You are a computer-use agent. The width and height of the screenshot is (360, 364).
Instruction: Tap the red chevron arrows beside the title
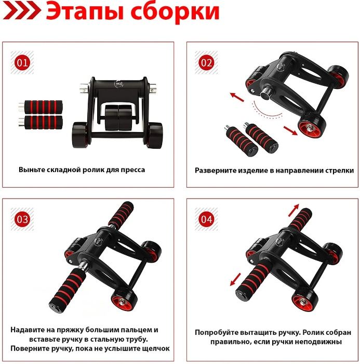tap(21, 11)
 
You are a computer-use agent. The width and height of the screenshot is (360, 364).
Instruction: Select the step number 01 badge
tap(22, 63)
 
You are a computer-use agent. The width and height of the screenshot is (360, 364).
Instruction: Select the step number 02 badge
tap(206, 63)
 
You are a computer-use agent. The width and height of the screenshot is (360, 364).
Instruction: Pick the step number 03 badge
tap(22, 219)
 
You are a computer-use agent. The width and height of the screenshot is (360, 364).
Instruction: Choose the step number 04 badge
tap(206, 219)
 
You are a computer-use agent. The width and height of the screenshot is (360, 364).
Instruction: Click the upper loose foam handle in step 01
tap(41, 107)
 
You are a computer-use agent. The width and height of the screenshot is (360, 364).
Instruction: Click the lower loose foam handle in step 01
tap(41, 122)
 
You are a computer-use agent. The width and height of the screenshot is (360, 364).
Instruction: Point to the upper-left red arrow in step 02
tap(237, 97)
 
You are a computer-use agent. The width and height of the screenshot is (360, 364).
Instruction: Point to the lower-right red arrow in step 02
tap(290, 130)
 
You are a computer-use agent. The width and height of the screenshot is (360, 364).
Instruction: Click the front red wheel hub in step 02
tap(311, 128)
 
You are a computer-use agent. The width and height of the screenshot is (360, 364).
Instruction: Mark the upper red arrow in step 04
tap(294, 210)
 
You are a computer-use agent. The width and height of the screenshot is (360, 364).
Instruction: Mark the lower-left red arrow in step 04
tap(236, 279)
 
